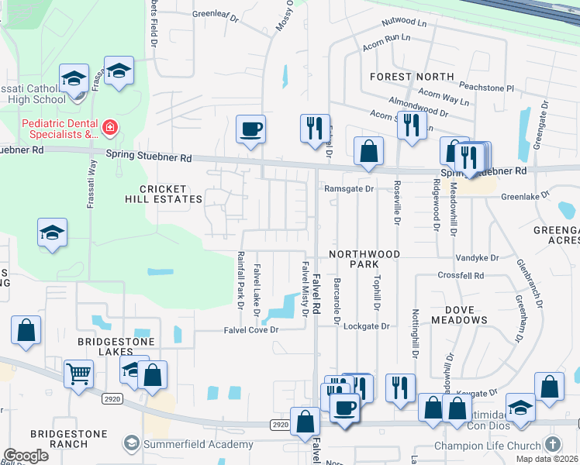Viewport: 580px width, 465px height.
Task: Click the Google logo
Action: (x=26, y=456)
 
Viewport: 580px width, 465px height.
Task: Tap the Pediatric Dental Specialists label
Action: (x=59, y=129)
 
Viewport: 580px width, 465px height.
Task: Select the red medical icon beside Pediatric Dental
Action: (x=110, y=126)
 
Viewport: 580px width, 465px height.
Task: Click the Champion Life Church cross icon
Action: (x=552, y=444)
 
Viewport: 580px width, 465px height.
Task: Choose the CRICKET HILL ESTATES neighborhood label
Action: (x=163, y=194)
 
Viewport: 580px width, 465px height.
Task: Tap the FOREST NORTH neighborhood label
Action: (x=412, y=77)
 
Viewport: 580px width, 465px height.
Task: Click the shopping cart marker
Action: (x=80, y=374)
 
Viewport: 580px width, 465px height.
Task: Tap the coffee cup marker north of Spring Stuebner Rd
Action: (x=250, y=129)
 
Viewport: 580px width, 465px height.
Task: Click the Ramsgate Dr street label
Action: (x=349, y=188)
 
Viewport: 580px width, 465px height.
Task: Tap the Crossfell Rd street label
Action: (x=461, y=275)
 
